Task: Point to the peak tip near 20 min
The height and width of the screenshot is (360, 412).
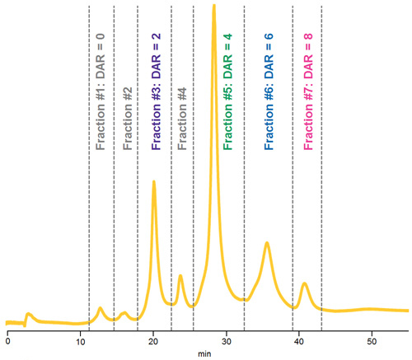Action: [x=153, y=182]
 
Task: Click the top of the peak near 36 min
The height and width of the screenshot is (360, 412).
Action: [x=267, y=243]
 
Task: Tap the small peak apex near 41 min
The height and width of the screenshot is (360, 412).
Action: [x=304, y=283]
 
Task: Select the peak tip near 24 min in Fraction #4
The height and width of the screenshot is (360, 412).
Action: [x=180, y=276]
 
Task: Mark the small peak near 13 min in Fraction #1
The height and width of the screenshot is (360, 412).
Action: [x=101, y=308]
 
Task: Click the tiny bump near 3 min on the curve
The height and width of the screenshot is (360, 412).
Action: [x=28, y=314]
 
